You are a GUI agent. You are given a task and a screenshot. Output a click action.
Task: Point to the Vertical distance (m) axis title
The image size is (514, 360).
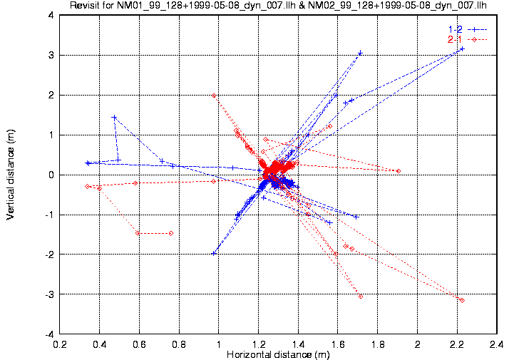tap(11, 174)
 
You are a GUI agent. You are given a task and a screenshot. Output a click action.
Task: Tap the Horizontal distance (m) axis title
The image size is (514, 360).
tap(278, 354)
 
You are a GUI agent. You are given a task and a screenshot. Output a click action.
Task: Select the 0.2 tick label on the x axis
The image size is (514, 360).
tap(60, 344)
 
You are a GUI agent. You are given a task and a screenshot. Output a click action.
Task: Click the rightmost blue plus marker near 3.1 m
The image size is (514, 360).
tap(462, 49)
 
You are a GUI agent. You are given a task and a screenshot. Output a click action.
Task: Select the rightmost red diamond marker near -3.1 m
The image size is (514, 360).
tap(462, 300)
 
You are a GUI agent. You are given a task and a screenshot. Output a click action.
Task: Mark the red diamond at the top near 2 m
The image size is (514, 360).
tap(214, 96)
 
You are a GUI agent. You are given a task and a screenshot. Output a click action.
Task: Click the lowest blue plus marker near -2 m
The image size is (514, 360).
tap(214, 253)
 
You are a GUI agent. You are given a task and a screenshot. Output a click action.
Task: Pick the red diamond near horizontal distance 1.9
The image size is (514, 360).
tap(398, 171)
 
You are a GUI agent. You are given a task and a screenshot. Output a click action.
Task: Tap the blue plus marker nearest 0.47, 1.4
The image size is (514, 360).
tap(114, 118)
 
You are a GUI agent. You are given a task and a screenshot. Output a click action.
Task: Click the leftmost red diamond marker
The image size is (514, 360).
tap(87, 186)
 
